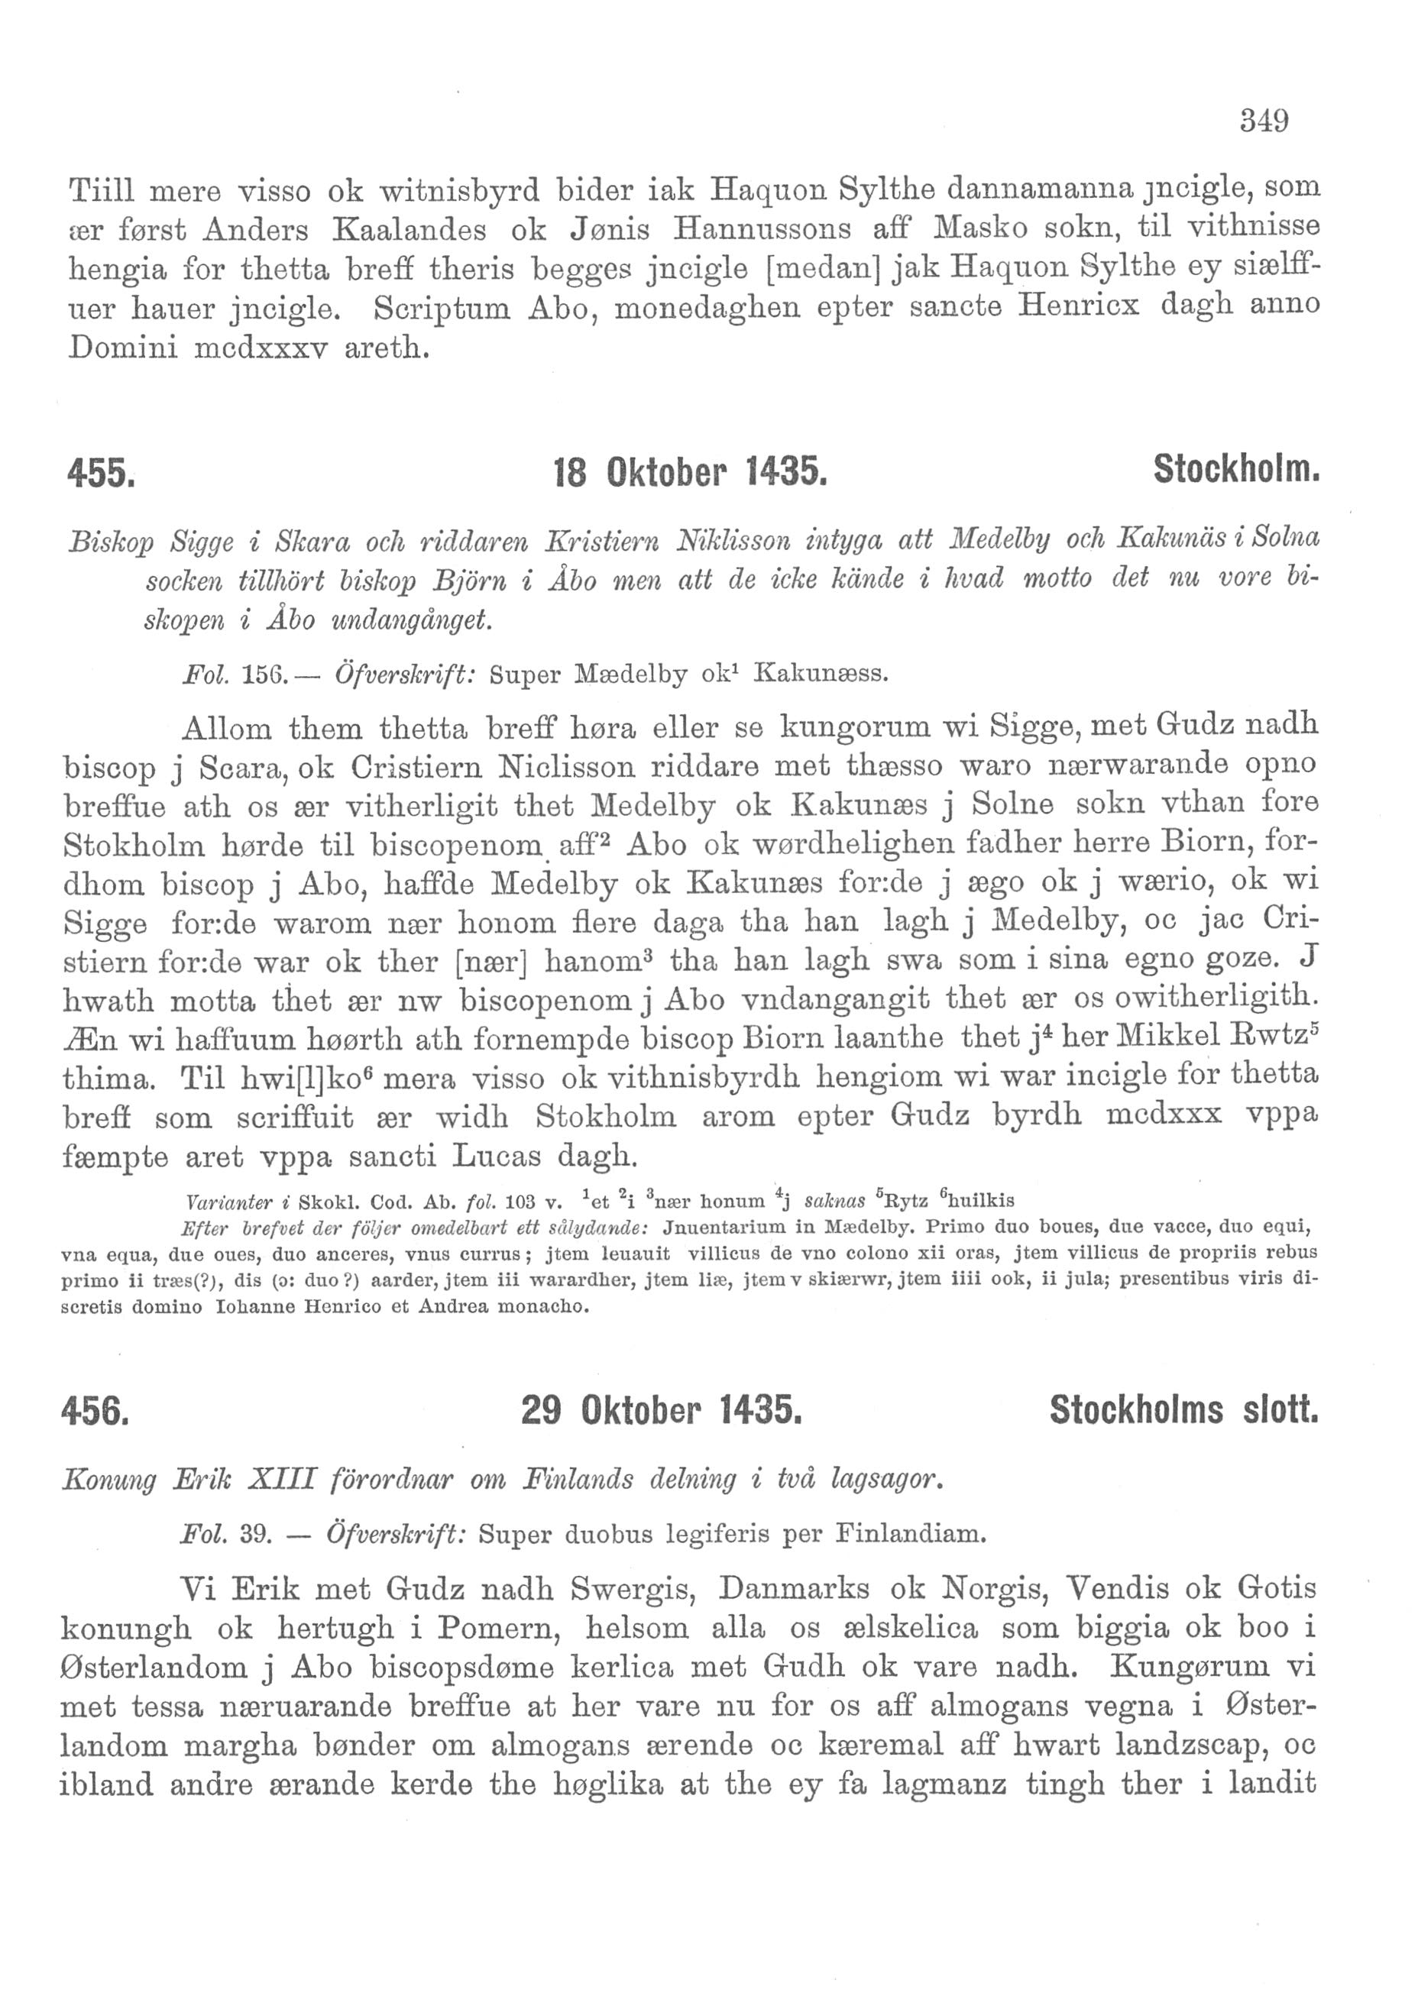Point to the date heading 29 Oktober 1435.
(661, 1410)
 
